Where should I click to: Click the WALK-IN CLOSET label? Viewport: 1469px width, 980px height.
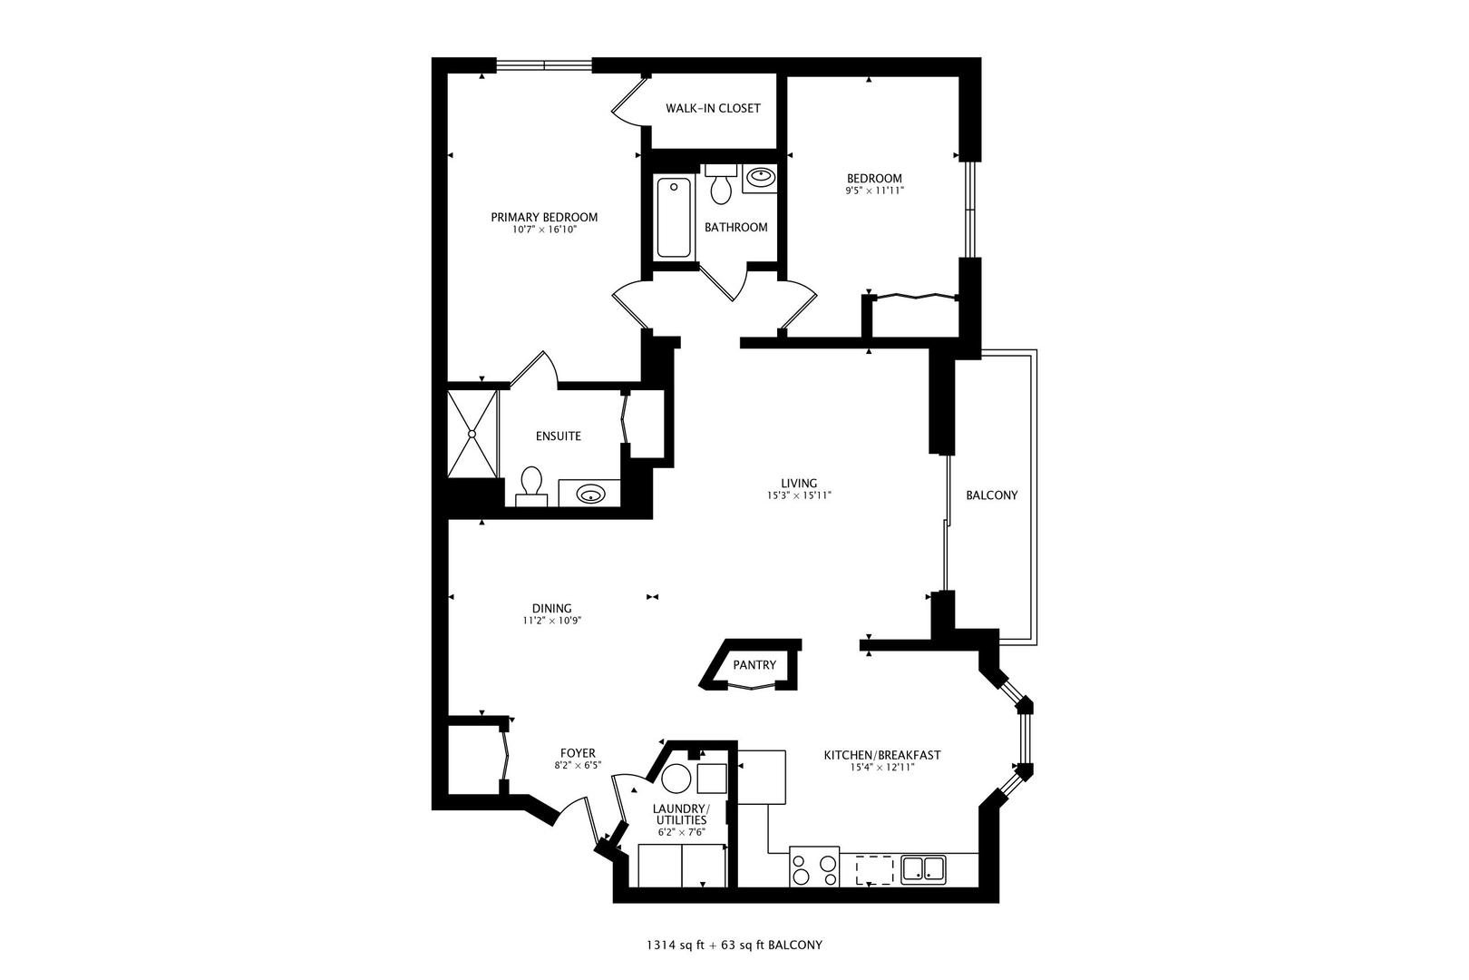click(x=713, y=108)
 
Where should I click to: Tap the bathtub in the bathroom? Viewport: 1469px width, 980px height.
click(x=674, y=217)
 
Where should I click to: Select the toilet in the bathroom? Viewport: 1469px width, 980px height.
click(x=721, y=185)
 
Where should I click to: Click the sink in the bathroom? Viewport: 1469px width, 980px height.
click(x=760, y=177)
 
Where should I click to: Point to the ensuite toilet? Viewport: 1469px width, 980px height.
click(x=530, y=486)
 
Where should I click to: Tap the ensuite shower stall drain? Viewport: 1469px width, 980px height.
click(x=472, y=433)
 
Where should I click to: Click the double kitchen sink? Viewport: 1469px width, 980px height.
click(x=923, y=869)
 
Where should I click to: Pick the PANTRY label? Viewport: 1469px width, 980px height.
click(x=754, y=665)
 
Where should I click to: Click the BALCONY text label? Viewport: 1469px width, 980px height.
click(x=992, y=495)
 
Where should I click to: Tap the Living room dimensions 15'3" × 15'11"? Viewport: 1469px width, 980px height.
click(x=799, y=496)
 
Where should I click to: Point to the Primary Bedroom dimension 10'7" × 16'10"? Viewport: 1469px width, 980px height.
click(x=544, y=230)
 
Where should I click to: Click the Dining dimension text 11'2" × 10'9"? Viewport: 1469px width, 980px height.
click(x=551, y=621)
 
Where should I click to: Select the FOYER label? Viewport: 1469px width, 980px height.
click(x=578, y=753)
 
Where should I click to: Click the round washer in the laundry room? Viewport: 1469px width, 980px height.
click(x=676, y=779)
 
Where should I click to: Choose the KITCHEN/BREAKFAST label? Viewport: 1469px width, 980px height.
click(x=882, y=756)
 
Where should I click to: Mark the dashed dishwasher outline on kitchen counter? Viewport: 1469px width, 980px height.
click(x=875, y=869)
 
